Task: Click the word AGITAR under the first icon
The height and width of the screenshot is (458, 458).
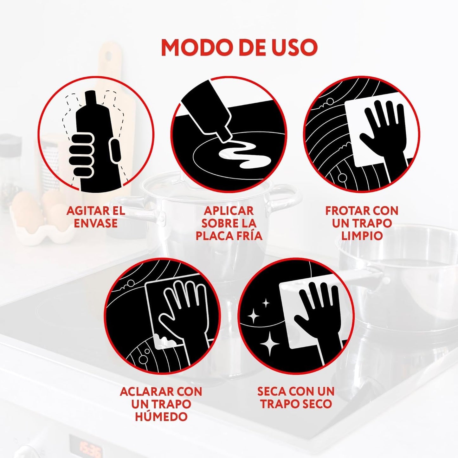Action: pos(83,211)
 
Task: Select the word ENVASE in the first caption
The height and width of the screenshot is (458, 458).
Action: pos(95,223)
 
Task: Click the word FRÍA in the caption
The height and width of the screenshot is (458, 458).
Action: pos(248,236)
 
